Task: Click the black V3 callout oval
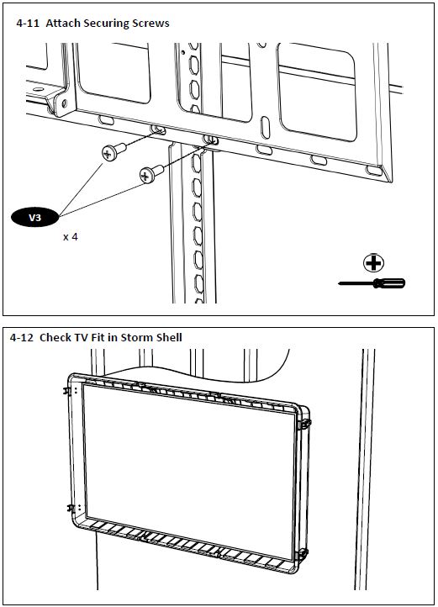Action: coord(34,217)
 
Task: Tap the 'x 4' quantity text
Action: coord(71,237)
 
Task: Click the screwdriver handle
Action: coord(388,283)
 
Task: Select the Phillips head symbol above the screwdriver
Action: coord(373,263)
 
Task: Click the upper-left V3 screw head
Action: coord(108,154)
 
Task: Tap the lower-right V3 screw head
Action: coord(146,176)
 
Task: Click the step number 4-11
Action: coord(28,24)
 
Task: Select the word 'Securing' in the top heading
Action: coord(106,24)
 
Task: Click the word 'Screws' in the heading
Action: coord(150,24)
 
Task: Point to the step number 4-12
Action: coord(21,338)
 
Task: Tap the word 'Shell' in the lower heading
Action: coord(169,337)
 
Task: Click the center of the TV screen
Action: coord(190,471)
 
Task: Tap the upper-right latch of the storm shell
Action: coord(305,424)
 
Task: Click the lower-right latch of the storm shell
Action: coord(303,554)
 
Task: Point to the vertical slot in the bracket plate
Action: coord(265,127)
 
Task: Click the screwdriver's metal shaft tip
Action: coord(339,283)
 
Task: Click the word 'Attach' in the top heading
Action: coord(63,24)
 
